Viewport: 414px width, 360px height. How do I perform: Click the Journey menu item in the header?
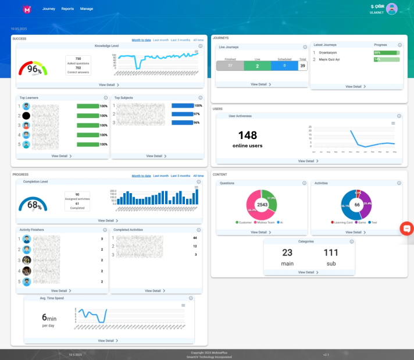click(x=49, y=9)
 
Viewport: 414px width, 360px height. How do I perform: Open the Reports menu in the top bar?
click(x=67, y=9)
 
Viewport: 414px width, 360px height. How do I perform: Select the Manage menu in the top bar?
click(x=87, y=9)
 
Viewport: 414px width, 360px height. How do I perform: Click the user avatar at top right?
click(x=392, y=8)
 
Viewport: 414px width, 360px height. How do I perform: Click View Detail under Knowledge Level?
click(x=109, y=85)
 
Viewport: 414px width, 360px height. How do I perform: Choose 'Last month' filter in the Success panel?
click(x=160, y=40)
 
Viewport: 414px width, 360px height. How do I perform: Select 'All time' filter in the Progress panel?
click(x=198, y=175)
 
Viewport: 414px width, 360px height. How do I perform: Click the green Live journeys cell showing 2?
click(x=258, y=66)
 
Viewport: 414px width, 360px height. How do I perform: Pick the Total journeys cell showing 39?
click(x=302, y=66)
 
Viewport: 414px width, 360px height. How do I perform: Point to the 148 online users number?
click(x=247, y=135)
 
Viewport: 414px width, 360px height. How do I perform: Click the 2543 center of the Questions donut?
click(x=262, y=205)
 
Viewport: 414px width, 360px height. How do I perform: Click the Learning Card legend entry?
click(x=342, y=222)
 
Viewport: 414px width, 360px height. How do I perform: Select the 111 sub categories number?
click(x=331, y=252)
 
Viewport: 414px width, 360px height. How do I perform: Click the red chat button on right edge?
click(x=407, y=229)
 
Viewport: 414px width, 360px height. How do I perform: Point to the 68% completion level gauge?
click(x=34, y=204)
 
